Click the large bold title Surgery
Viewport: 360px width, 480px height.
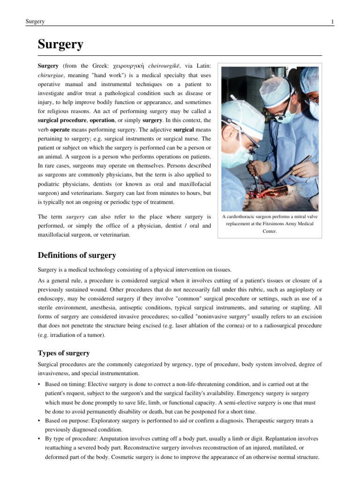(60, 45)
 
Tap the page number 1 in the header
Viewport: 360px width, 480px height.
(332, 22)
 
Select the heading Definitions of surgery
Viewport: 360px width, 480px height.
(76, 255)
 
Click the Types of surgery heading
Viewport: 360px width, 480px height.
(63, 353)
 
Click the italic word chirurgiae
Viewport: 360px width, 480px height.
(51, 75)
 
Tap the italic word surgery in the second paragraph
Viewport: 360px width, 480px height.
(75, 217)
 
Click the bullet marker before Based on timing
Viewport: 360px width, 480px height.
(39, 384)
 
